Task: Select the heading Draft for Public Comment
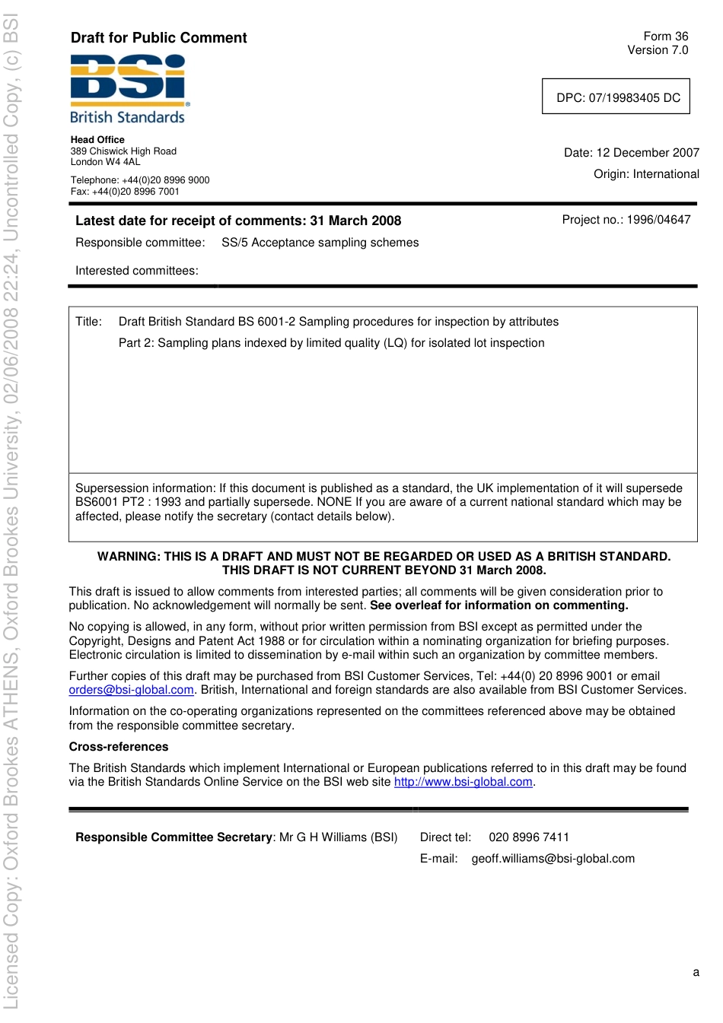tap(158, 38)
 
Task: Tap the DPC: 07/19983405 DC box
tap(616, 97)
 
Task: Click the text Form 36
tap(665, 37)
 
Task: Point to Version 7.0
tap(658, 50)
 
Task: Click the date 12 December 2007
tap(648, 153)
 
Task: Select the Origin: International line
tap(646, 174)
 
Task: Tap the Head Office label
tap(97, 140)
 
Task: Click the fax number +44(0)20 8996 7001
tap(134, 192)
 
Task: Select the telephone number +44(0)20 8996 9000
tap(165, 180)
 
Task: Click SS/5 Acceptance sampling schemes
tap(320, 243)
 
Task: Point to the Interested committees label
tap(136, 271)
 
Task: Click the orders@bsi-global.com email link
tap(131, 690)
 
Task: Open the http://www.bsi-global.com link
tap(463, 782)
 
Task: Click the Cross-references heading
tap(119, 747)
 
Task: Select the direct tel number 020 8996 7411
tap(529, 837)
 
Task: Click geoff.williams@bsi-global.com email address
tap(553, 859)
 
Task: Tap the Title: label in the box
tap(88, 322)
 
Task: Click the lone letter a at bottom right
tap(696, 972)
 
